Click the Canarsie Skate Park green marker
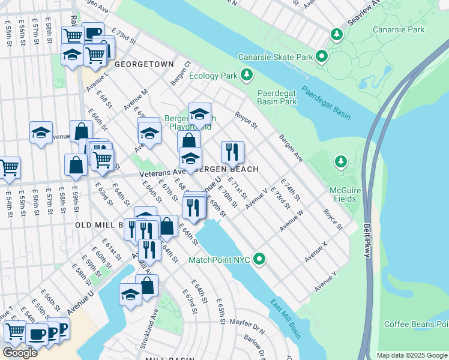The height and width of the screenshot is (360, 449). [322, 57]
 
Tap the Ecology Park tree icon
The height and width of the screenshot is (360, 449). [246, 75]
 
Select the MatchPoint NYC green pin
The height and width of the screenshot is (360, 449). [259, 259]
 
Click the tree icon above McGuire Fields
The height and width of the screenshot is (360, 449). [341, 161]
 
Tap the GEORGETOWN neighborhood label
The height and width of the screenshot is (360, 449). [144, 64]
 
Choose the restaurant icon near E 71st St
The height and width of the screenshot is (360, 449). [232, 152]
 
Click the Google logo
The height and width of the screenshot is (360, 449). [20, 353]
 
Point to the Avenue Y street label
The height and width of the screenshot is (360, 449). [325, 281]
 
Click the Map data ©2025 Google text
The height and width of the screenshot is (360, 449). [411, 355]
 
